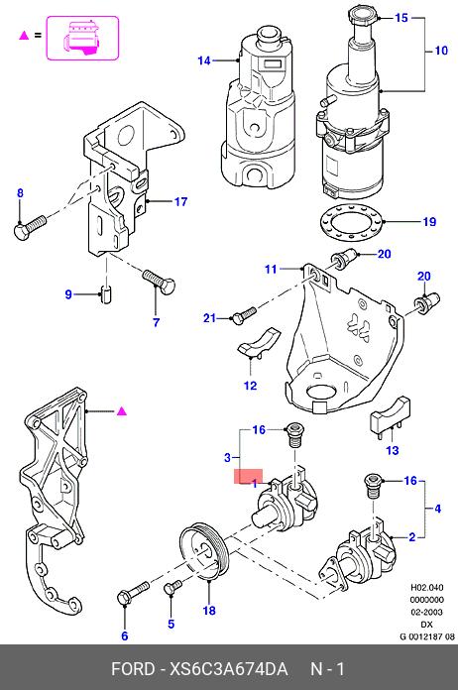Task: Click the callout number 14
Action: [203, 60]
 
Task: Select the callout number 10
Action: [441, 51]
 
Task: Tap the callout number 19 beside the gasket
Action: [429, 221]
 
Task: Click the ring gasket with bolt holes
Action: [351, 221]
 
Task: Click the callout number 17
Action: [180, 201]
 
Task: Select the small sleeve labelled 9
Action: [106, 293]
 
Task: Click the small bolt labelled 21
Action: [243, 315]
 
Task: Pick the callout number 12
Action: [250, 386]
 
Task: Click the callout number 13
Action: [392, 450]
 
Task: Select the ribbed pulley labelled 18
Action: [204, 552]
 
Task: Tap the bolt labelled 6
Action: [133, 593]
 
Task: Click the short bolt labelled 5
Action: [172, 587]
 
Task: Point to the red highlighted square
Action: [248, 476]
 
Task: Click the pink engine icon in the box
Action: [82, 39]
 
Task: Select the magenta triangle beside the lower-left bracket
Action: [121, 411]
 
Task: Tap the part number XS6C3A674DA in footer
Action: [229, 669]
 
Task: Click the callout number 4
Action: [437, 509]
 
